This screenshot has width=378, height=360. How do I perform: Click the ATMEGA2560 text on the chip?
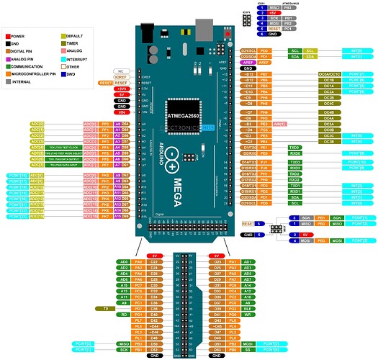coord(185,114)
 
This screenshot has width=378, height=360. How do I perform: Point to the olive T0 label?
coord(104,307)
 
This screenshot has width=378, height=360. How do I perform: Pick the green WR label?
coord(247,314)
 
